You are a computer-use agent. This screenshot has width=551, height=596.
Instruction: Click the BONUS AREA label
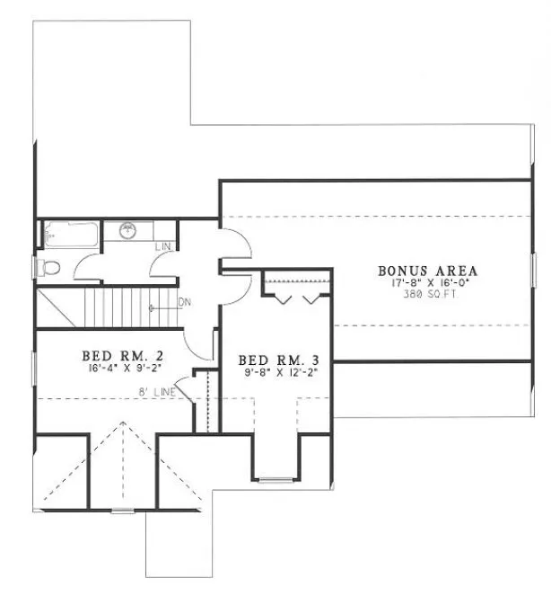pos(427,270)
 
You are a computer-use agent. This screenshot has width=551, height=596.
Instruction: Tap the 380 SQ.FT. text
pos(427,294)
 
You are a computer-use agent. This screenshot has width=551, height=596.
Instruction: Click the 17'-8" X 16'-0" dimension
pos(427,282)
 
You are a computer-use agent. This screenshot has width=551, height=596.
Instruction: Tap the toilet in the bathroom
pos(48,267)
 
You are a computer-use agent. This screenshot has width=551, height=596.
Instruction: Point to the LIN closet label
pos(163,245)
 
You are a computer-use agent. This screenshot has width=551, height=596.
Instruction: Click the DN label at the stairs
pos(185,301)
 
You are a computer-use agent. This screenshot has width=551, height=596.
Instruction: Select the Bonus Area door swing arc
pos(232,245)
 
